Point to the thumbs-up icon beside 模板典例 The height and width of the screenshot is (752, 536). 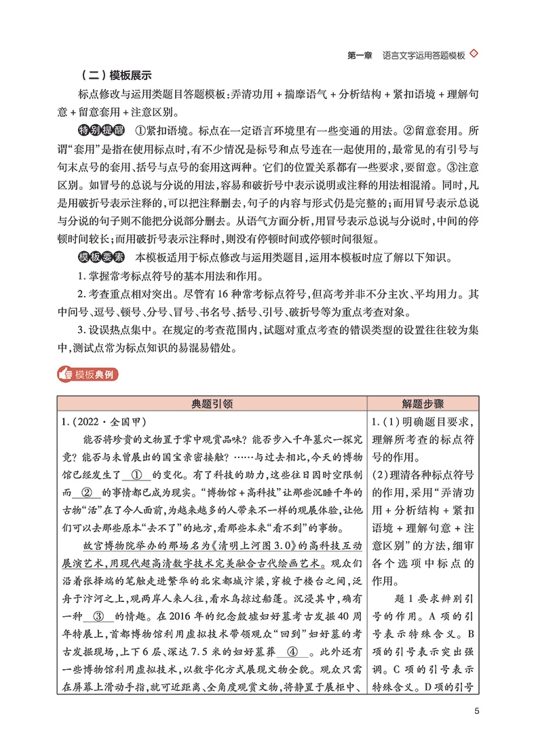click(x=66, y=373)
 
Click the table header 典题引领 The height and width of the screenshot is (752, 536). click(x=213, y=403)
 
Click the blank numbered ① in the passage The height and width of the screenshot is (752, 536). click(x=136, y=476)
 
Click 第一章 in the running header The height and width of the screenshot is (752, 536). click(x=359, y=56)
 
